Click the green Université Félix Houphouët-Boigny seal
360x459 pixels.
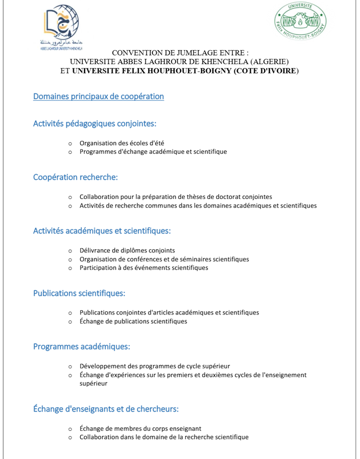300,26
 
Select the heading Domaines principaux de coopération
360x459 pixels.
98,97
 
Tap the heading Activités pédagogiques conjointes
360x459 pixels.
95,124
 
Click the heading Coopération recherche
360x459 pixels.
75,177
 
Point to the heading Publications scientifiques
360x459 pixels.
79,294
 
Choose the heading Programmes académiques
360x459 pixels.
81,346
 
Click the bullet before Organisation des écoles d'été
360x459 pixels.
70,143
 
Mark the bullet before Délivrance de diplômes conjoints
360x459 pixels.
70,250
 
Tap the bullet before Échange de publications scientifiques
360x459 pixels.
70,321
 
